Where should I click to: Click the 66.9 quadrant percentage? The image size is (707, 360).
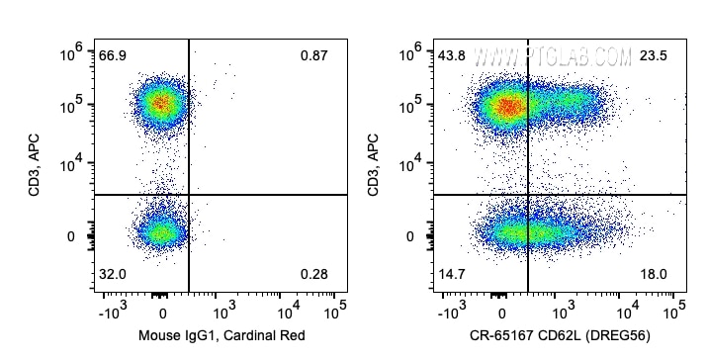click(113, 56)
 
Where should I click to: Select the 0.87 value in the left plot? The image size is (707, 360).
click(313, 56)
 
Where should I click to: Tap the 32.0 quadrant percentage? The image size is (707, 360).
click(113, 274)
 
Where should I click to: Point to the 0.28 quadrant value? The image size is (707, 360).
click(313, 274)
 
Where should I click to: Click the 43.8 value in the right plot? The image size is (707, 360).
click(452, 56)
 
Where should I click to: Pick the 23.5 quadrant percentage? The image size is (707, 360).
click(653, 56)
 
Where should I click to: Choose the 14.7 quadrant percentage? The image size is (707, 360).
click(452, 274)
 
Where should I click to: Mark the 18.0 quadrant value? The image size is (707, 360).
click(653, 274)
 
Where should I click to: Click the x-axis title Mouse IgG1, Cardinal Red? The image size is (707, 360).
click(221, 335)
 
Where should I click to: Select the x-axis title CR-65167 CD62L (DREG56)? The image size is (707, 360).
click(560, 335)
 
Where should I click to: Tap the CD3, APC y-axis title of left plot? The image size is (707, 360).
click(35, 165)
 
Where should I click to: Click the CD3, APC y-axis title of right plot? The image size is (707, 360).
click(374, 165)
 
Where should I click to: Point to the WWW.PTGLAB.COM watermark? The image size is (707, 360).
click(553, 57)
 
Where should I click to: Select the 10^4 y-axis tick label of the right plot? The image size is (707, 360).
click(411, 164)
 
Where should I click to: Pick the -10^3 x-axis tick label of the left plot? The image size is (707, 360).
click(113, 311)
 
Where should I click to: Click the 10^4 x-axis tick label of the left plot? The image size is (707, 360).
click(289, 311)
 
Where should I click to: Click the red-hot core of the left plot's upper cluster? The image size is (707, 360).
click(160, 103)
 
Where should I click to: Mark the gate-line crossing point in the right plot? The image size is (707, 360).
click(528, 195)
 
